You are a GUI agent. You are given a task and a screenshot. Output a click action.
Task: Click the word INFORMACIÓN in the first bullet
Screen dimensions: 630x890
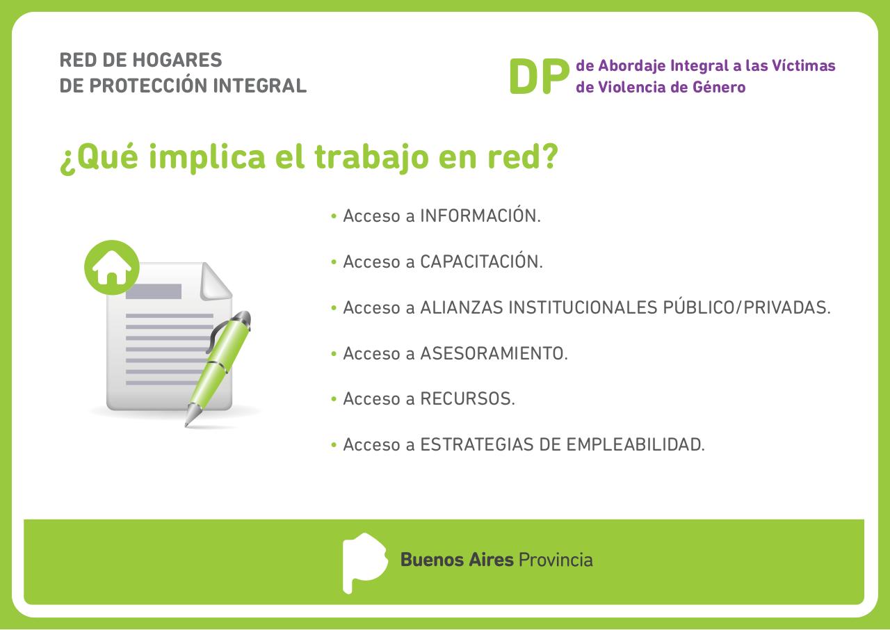point(480,216)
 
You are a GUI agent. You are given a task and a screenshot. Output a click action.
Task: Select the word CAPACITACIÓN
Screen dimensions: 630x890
point(481,262)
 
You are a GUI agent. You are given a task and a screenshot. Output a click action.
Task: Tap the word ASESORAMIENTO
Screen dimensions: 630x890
point(494,354)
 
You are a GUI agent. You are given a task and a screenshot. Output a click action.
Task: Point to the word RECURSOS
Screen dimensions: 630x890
point(467,400)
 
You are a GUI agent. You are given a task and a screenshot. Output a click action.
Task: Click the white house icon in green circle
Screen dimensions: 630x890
point(112,268)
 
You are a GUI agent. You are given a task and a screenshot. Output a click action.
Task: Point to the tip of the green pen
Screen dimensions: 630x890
point(187,423)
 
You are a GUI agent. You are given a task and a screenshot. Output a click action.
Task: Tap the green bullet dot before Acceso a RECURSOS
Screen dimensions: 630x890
point(334,400)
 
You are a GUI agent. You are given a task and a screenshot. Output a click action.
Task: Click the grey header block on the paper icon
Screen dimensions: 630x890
point(153,291)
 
